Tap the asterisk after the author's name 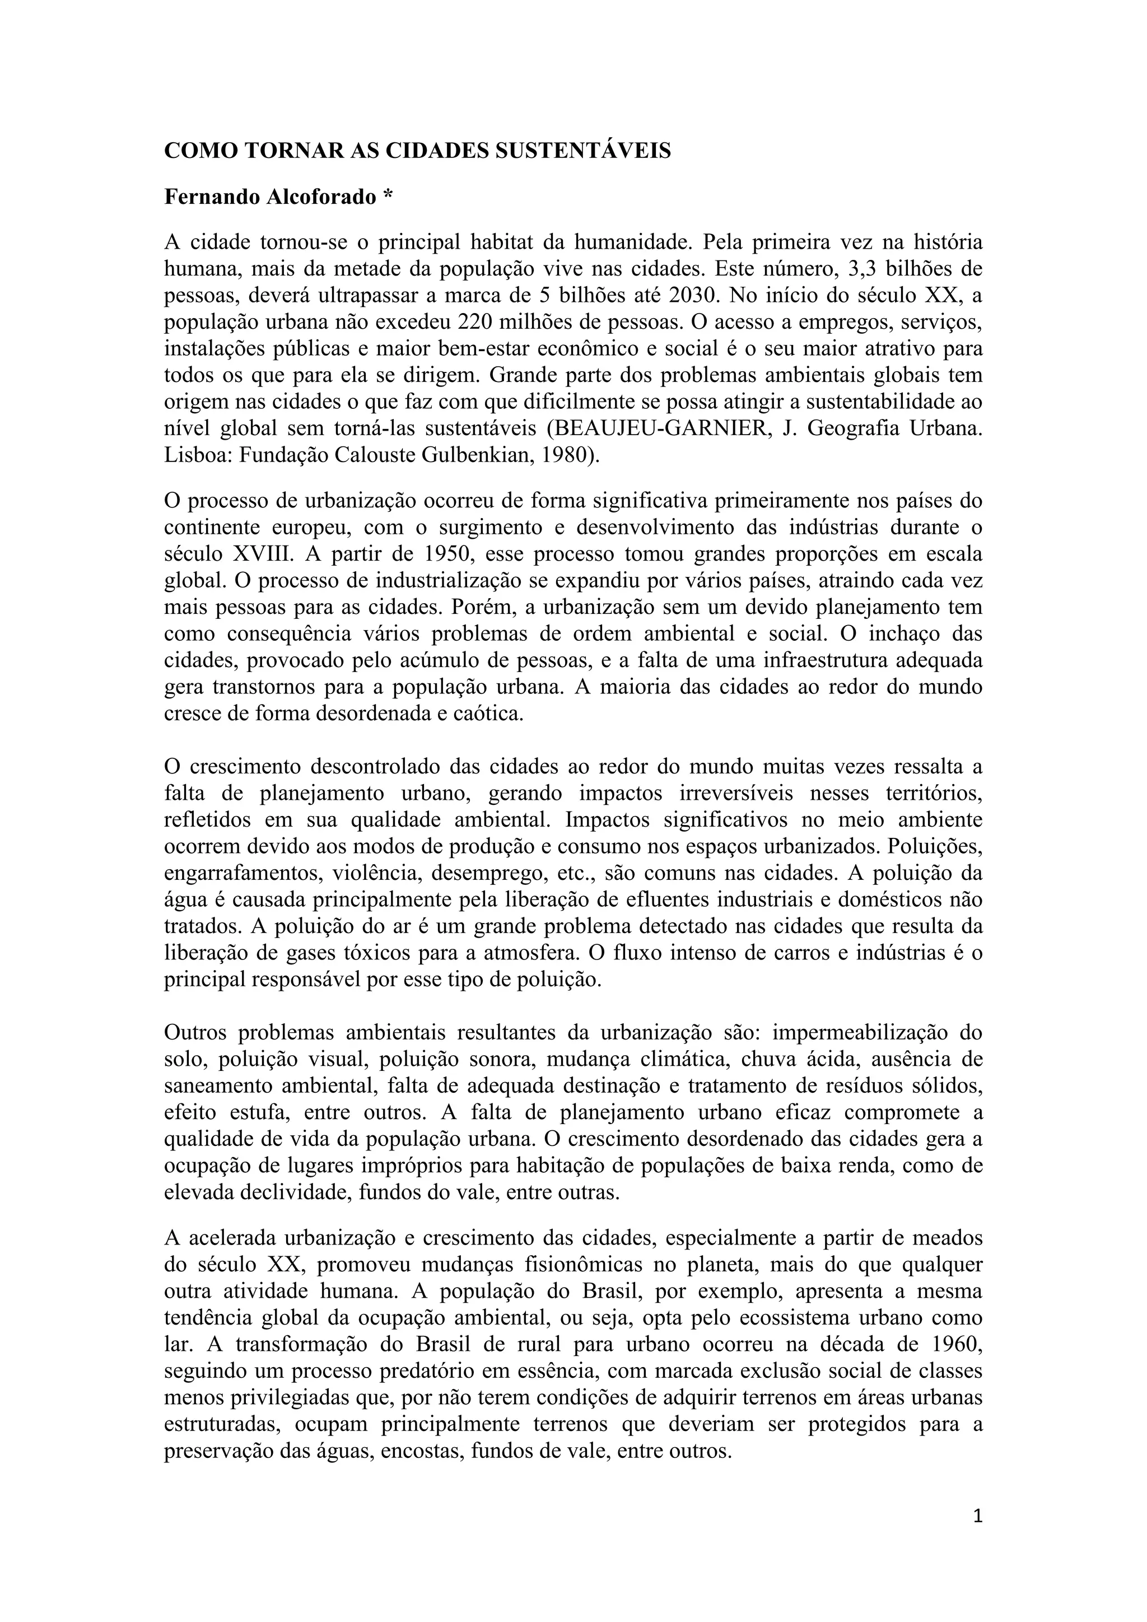coord(387,195)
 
